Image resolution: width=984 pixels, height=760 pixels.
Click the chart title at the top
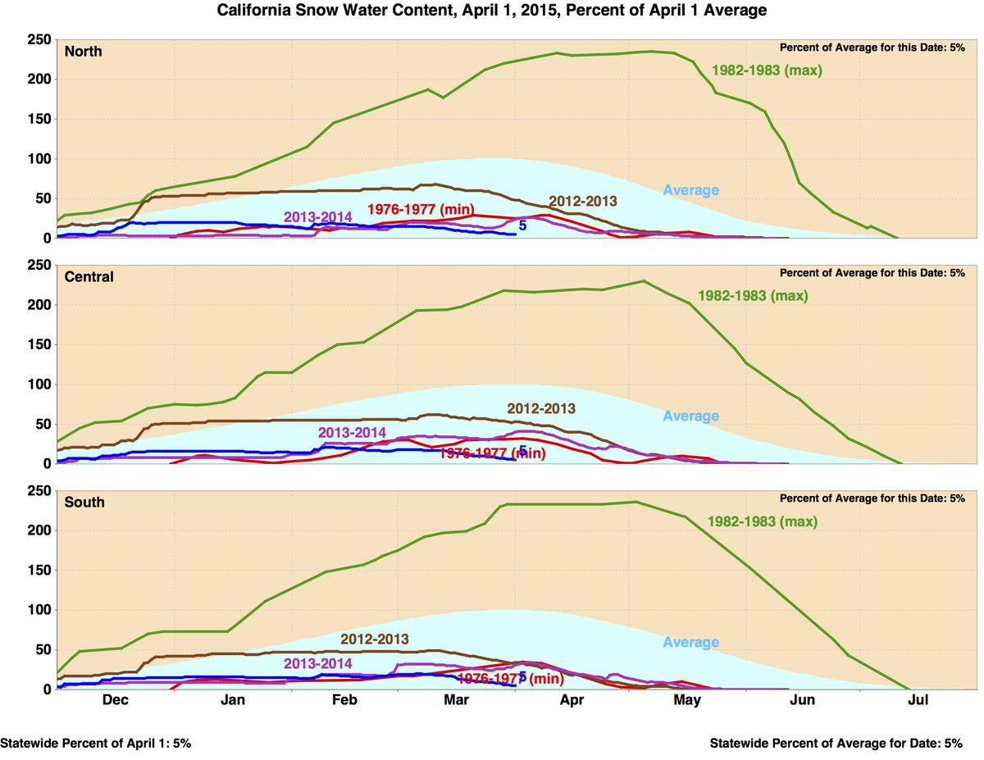coord(492,11)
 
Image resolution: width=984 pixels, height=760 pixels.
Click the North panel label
coord(83,51)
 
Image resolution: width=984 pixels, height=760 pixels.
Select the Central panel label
coord(89,276)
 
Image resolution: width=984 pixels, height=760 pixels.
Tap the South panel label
coord(84,501)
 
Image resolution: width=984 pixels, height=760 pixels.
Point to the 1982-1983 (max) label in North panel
coord(767,71)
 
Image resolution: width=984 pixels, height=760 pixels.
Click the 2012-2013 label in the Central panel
coord(541,408)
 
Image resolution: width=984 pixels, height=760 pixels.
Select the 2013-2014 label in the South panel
coord(318,663)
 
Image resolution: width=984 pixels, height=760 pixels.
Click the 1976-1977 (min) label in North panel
coord(421,209)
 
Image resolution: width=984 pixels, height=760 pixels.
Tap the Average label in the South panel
coord(690,642)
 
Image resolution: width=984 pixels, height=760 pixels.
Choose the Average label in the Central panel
coord(690,416)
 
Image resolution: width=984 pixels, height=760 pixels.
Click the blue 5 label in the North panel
coord(522,225)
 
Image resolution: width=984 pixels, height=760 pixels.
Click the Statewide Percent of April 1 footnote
coord(96,744)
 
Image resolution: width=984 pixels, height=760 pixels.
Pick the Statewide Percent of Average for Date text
coord(836,744)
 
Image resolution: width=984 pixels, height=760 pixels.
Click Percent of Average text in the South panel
coord(872,498)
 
